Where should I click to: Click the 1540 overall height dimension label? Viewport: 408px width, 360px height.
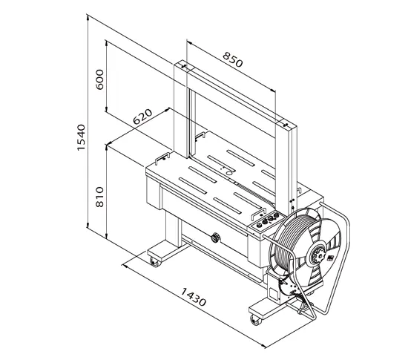click(82, 137)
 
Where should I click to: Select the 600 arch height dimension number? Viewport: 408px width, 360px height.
click(99, 79)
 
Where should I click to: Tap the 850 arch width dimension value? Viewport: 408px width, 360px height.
click(233, 59)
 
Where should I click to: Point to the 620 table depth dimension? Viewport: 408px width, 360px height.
click(142, 117)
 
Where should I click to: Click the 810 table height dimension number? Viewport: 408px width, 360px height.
click(99, 197)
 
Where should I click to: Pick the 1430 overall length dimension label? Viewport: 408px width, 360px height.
click(194, 296)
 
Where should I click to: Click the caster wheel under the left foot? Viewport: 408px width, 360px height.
click(154, 262)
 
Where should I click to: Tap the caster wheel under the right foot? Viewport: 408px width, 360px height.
click(256, 320)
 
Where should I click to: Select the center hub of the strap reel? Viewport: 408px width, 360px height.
click(318, 254)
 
